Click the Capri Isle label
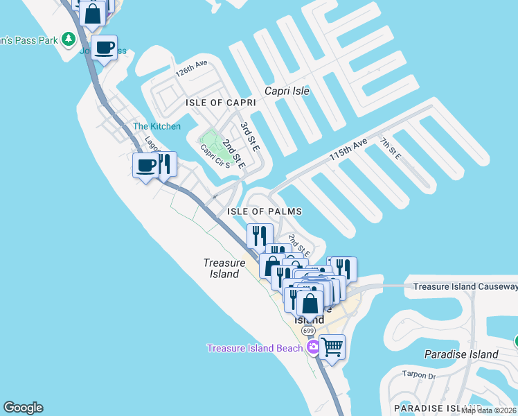tap(287, 91)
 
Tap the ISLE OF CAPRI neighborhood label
tap(221, 103)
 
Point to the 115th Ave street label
tap(348, 150)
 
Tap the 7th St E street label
tap(390, 148)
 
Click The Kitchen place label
tap(157, 126)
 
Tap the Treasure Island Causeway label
tap(465, 286)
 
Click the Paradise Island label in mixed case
tap(461, 354)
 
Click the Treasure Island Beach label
tap(255, 347)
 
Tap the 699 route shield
tap(307, 331)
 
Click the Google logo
tap(23, 408)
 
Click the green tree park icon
tap(68, 39)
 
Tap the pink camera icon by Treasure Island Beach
tap(313, 347)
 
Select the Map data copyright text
tap(489, 410)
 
